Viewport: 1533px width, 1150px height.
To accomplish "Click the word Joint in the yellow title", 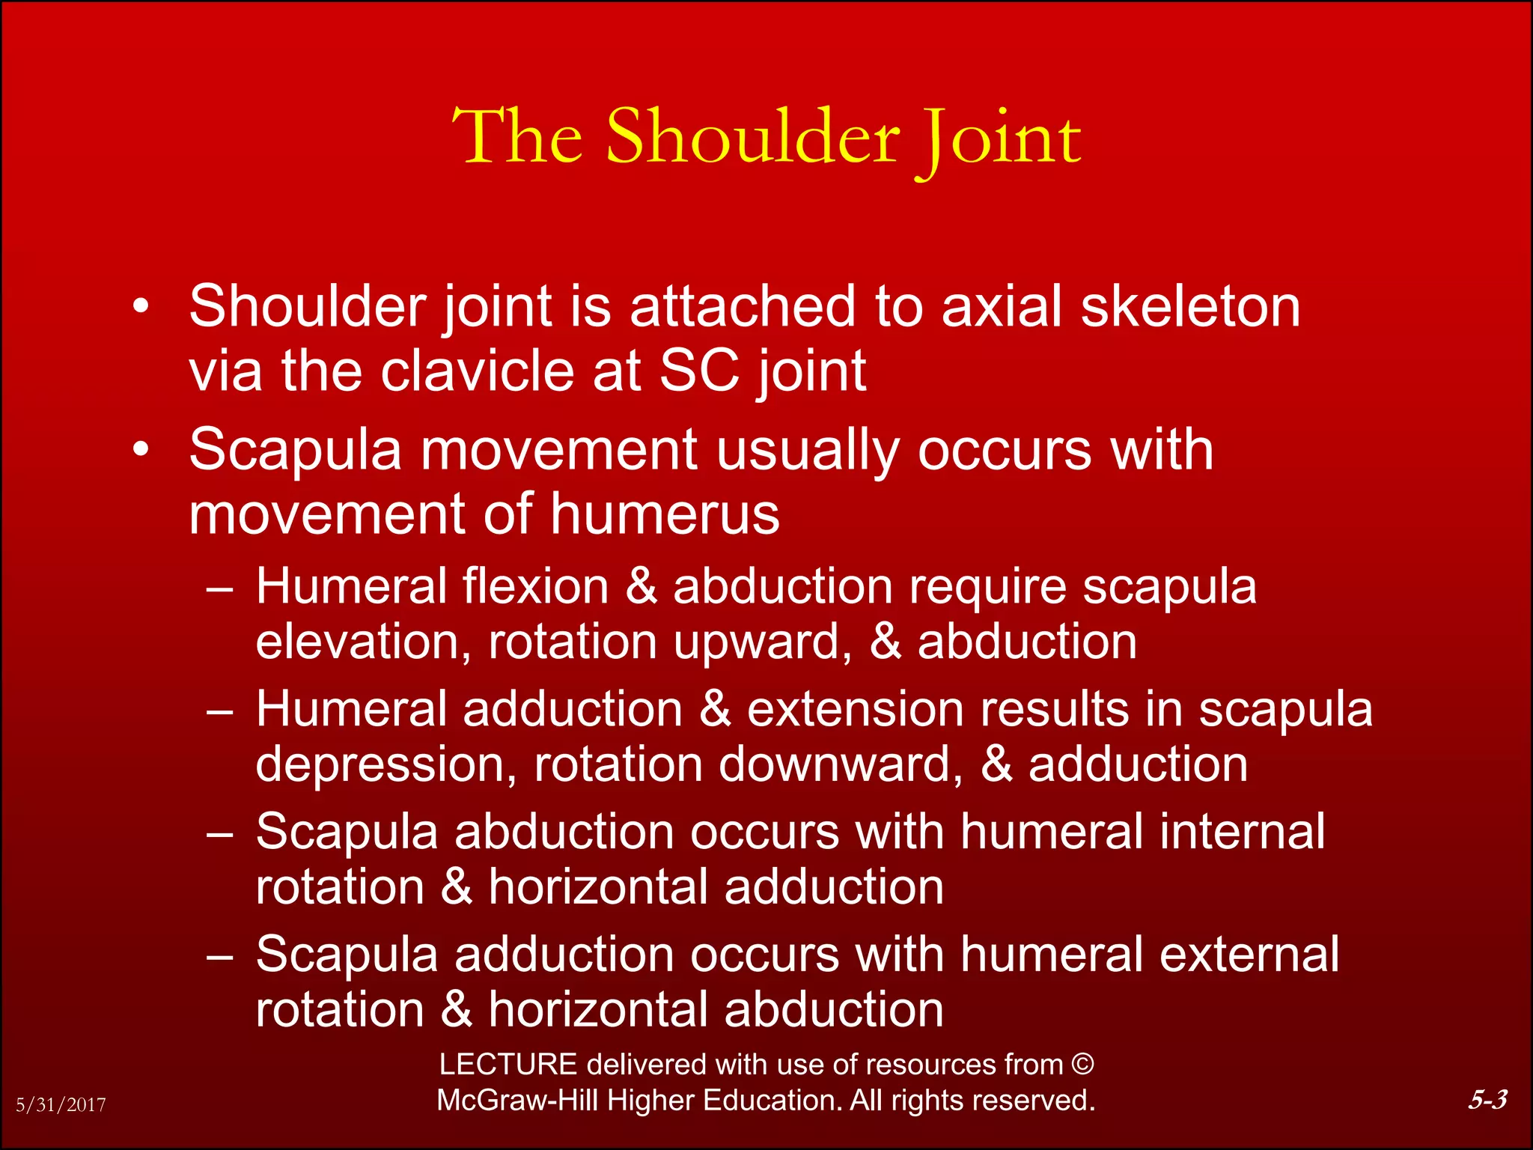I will [999, 139].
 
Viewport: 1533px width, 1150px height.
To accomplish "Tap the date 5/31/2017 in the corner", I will [61, 1104].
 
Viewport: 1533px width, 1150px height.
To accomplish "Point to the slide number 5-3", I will [1487, 1099].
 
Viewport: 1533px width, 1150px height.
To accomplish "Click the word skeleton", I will [1190, 306].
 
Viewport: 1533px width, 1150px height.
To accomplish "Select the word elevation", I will [363, 642].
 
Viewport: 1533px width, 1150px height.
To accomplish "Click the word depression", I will [385, 764].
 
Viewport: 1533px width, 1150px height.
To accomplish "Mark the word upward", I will [762, 642].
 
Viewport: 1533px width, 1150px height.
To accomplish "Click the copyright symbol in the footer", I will [1082, 1064].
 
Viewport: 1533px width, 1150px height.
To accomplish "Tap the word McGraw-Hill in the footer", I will [517, 1101].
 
